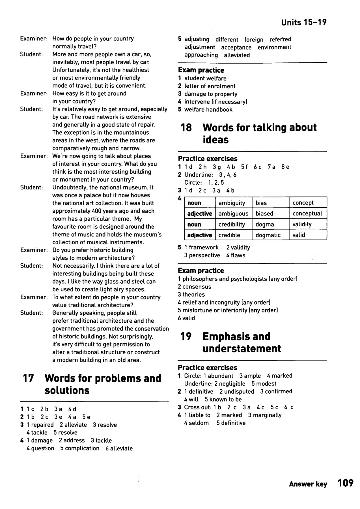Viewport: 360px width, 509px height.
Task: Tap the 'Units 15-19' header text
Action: (304, 22)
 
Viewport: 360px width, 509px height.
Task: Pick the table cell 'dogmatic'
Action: (268, 235)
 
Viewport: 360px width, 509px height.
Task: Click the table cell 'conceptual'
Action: (307, 213)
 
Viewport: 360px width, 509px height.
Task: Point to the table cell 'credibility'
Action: (232, 225)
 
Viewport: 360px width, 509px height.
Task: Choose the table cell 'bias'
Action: (261, 203)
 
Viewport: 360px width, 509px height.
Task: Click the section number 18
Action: (186, 128)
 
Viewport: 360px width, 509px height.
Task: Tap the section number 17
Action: (28, 378)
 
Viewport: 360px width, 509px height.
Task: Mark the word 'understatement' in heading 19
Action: (242, 349)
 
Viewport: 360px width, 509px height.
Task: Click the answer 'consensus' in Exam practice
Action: (197, 287)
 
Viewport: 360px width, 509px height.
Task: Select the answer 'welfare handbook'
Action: (208, 110)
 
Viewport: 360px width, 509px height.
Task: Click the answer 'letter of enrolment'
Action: (210, 86)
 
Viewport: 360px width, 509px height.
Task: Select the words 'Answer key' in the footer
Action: (308, 484)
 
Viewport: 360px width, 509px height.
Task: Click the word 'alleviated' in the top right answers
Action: (237, 55)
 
